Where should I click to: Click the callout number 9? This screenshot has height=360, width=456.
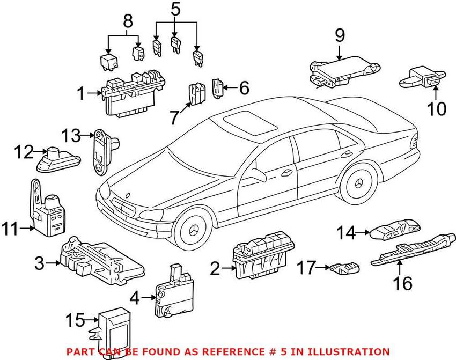coord(340,36)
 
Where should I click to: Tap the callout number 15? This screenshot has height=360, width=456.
coord(75,320)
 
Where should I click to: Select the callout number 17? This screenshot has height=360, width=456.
coord(306,268)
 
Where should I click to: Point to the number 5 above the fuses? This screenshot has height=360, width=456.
coord(175,9)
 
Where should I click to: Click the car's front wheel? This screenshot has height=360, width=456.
coord(193,230)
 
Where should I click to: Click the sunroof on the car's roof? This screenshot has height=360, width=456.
coord(250,123)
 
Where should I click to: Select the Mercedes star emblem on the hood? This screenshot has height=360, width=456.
coord(127,195)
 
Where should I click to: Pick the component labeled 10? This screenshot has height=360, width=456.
coord(422,78)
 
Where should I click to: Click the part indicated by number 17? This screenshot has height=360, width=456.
coord(345,268)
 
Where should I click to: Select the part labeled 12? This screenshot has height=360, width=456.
coord(58,159)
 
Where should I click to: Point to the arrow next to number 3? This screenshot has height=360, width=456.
coord(53,263)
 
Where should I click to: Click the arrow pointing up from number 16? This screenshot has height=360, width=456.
coord(399,268)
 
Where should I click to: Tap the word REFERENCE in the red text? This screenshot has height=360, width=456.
coord(232,352)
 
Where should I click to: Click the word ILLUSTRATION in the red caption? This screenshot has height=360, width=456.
coord(349,352)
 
